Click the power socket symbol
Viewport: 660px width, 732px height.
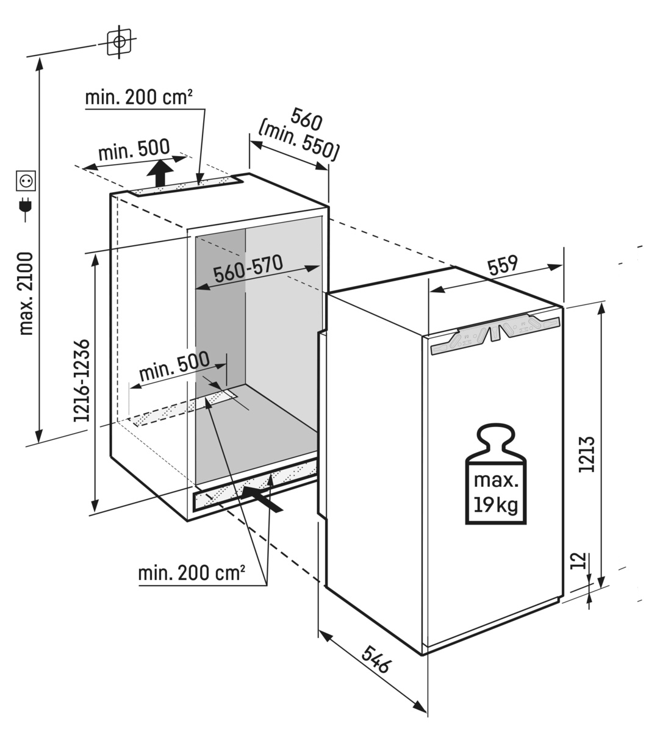[x=26, y=181]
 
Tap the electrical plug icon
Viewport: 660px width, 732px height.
[x=26, y=209]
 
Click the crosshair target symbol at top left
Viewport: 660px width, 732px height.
[x=120, y=42]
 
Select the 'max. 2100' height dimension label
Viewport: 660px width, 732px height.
[x=27, y=294]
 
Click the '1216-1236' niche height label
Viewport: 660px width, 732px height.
[x=81, y=381]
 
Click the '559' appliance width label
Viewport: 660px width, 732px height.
[x=503, y=265]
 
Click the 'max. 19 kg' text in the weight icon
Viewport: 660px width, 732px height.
[x=496, y=493]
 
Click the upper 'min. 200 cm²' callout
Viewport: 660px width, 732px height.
[x=138, y=98]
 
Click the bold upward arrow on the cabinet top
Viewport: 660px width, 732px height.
[x=160, y=173]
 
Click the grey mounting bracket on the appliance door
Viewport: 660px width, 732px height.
[x=495, y=333]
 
